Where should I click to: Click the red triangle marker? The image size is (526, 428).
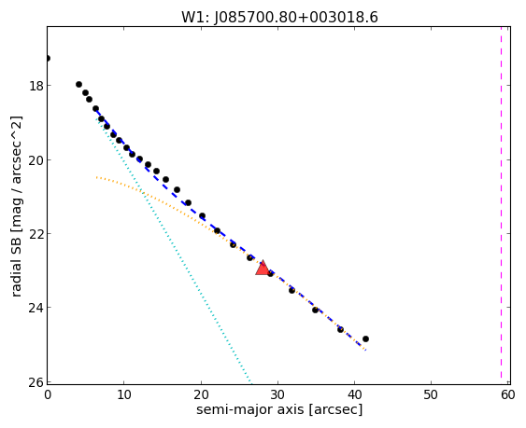pos(263,269)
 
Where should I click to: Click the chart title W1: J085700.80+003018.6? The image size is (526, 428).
pos(279,17)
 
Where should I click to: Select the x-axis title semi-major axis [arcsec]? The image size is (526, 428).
pos(279,409)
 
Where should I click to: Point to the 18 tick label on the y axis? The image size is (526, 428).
pos(36,86)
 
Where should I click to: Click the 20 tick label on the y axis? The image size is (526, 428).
pos(36,160)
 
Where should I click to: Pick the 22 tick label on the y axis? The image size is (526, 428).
pos(36,233)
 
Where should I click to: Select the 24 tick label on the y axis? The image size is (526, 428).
pos(36,307)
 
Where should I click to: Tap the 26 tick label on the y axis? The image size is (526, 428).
pos(36,382)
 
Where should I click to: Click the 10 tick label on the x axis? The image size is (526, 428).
pos(123,394)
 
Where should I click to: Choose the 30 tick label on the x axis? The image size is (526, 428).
pos(277,394)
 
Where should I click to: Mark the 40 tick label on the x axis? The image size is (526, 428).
pos(354,394)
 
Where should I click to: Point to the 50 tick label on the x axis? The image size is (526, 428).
pos(431,394)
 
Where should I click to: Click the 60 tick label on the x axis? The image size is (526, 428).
pos(508,394)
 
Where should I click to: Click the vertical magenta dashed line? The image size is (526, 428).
pos(501,205)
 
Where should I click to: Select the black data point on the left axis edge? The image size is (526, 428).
pos(48,58)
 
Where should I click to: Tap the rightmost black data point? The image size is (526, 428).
pos(365,338)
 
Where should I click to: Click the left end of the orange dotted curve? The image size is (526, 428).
pos(96,177)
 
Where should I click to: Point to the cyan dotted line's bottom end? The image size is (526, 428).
pos(250,383)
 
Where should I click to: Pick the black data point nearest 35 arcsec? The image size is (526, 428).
pos(316,311)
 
